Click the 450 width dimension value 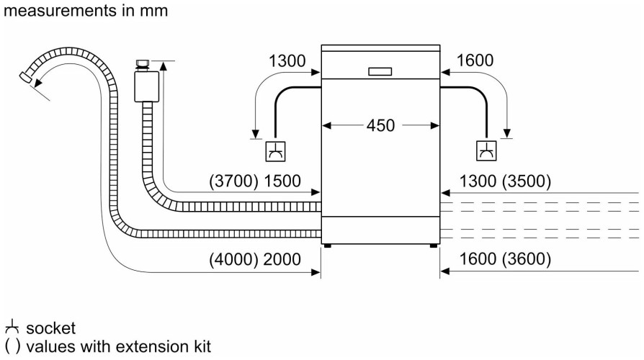pos(380,125)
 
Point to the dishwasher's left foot pos(328,246)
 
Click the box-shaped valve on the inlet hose pos(147,86)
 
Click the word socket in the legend pos(50,329)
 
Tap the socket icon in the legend pos(10,328)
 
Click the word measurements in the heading pos(48,11)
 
